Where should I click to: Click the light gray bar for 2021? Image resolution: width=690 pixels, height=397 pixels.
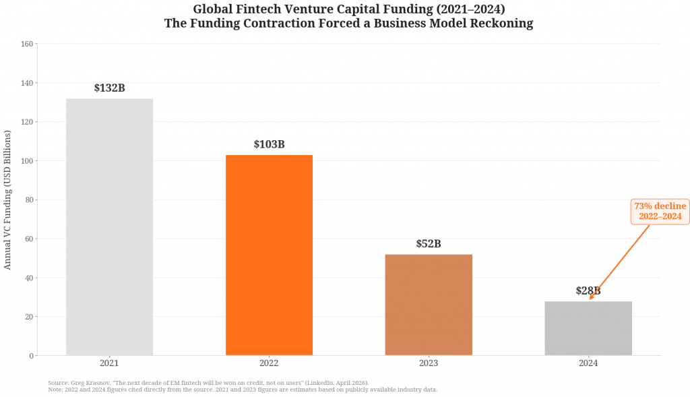pyautogui.click(x=109, y=226)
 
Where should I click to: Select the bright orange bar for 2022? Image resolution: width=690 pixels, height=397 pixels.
pyautogui.click(x=269, y=255)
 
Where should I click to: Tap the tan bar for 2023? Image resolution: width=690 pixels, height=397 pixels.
pyautogui.click(x=429, y=305)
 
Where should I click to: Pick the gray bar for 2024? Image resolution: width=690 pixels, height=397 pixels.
pyautogui.click(x=588, y=328)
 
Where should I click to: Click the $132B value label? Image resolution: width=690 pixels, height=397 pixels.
pyautogui.click(x=109, y=88)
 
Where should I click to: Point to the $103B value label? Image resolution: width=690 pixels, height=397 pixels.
pyautogui.click(x=269, y=145)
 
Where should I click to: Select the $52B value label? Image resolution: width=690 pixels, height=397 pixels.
pyautogui.click(x=429, y=244)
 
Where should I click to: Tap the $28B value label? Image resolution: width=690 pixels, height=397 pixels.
pyautogui.click(x=588, y=291)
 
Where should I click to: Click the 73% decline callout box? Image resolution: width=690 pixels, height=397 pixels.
pyautogui.click(x=660, y=211)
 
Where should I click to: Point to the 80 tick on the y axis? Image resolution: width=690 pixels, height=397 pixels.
pyautogui.click(x=29, y=200)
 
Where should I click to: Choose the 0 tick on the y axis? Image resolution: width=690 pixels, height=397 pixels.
pyautogui.click(x=31, y=356)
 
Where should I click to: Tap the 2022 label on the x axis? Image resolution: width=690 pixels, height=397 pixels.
pyautogui.click(x=269, y=363)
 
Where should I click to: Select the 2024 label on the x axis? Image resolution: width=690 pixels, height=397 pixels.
pyautogui.click(x=588, y=363)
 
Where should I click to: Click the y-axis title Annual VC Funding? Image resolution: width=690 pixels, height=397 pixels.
pyautogui.click(x=8, y=200)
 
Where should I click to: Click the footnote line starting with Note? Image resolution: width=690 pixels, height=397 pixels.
pyautogui.click(x=243, y=390)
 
